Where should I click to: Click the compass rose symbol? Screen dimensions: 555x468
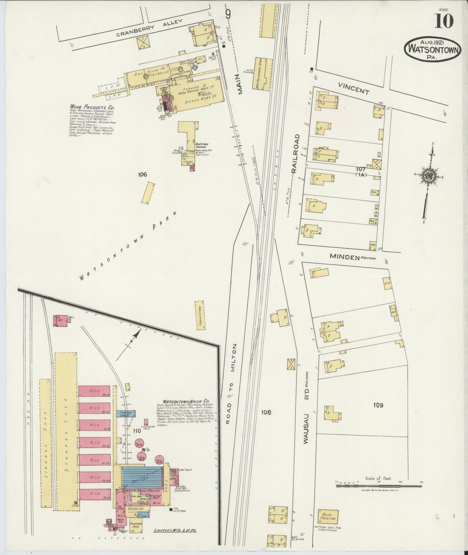[429, 176]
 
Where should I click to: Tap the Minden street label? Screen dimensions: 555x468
[344, 256]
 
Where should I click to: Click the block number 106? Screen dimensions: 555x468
[143, 174]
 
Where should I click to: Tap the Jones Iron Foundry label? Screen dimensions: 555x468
[202, 145]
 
